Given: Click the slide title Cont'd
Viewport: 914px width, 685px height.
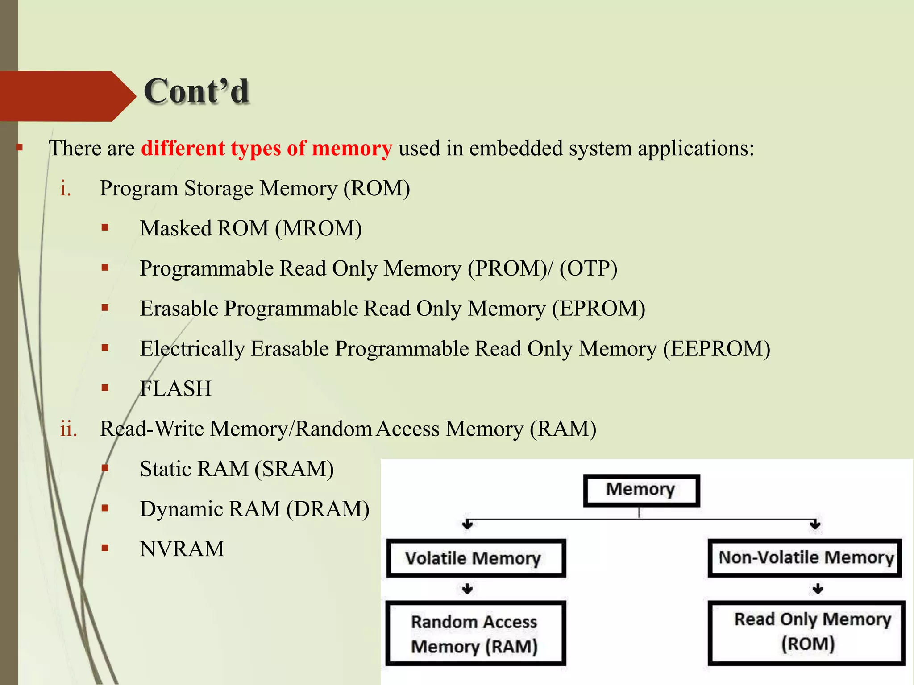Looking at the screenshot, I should (196, 91).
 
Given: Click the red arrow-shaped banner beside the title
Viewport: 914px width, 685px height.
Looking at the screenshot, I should (62, 96).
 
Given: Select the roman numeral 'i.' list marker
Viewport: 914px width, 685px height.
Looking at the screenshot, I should (66, 189).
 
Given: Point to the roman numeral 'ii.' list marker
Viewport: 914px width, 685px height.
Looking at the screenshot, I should (68, 429).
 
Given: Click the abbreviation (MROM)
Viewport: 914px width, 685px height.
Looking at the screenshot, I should (318, 229).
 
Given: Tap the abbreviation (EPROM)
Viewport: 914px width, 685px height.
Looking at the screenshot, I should (598, 309).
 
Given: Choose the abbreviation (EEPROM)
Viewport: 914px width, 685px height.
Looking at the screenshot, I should (716, 349).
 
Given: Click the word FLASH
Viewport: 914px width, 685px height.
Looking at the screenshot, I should (175, 389).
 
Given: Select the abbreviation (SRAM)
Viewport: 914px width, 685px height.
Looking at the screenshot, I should (294, 469).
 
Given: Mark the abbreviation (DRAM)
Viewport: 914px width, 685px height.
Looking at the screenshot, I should (328, 509).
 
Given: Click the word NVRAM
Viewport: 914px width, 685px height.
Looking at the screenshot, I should (182, 549).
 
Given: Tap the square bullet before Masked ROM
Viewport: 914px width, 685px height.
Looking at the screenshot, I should (105, 228).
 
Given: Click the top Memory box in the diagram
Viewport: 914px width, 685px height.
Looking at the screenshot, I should (641, 490).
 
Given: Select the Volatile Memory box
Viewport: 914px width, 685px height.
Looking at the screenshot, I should (476, 558).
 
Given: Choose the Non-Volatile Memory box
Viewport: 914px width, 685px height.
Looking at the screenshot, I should (805, 558).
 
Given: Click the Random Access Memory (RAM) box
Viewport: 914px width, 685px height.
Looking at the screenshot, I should (475, 634).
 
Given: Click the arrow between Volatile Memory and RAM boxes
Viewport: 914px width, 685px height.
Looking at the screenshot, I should (467, 589).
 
